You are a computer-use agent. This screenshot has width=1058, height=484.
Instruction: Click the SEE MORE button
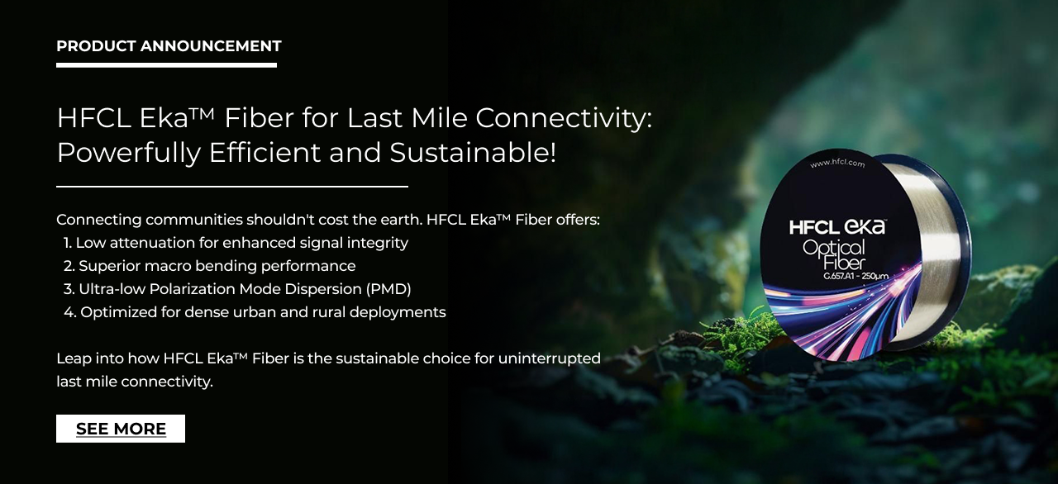point(121,429)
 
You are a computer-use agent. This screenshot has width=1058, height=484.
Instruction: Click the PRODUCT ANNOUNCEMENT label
point(169,46)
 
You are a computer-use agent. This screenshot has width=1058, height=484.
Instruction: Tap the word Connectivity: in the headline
point(564,118)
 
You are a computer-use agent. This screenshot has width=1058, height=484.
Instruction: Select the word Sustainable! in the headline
point(473,153)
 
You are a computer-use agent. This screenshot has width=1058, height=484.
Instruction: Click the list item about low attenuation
point(236,243)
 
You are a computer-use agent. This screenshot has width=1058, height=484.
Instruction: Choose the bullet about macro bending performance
point(210,266)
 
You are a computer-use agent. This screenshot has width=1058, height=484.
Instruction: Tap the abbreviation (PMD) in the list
point(388,289)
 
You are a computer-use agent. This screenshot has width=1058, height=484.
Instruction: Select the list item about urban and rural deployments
point(255,312)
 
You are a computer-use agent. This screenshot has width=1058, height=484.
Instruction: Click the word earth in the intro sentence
point(400,220)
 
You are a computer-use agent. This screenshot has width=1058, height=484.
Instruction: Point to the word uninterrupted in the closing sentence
point(550,358)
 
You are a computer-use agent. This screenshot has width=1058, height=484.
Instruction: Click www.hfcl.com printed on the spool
point(837,164)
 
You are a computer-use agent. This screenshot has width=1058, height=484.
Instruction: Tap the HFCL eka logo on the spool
point(837,227)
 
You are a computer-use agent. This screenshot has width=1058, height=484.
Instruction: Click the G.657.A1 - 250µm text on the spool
point(855,276)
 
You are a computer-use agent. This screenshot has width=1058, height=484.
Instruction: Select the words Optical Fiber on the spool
point(835,254)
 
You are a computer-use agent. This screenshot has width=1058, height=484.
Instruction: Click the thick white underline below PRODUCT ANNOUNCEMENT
point(166,65)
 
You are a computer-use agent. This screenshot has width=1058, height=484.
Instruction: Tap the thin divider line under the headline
point(232,187)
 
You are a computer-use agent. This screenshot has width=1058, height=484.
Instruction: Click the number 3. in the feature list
point(69,289)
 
